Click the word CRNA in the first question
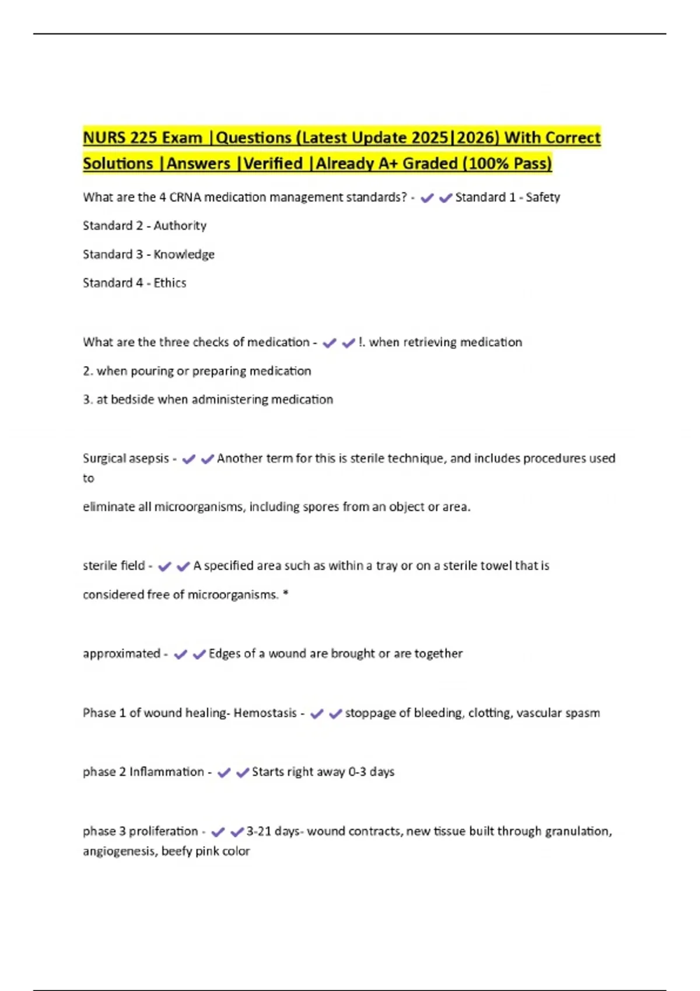click(x=185, y=198)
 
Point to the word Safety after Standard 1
click(x=542, y=198)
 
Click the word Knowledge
click(x=184, y=255)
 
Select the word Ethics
click(x=170, y=283)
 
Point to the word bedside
click(x=129, y=400)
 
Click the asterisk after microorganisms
click(x=285, y=594)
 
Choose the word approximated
click(x=121, y=654)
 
